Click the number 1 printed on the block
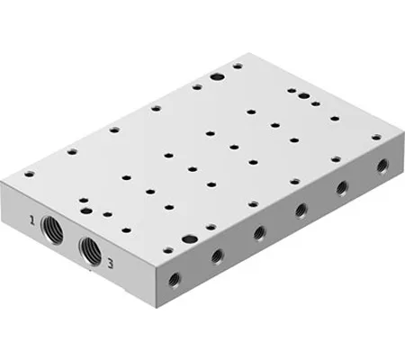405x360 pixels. pyautogui.click(x=31, y=219)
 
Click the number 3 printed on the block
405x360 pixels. pyautogui.click(x=109, y=263)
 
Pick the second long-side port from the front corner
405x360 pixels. pyautogui.click(x=217, y=256)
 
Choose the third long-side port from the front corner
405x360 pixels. pyautogui.click(x=259, y=233)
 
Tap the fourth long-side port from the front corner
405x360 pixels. pyautogui.click(x=301, y=210)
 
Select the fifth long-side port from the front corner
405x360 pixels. pyautogui.click(x=342, y=188)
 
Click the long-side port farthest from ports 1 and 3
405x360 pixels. pyautogui.click(x=381, y=166)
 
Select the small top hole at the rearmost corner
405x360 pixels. pyautogui.click(x=237, y=66)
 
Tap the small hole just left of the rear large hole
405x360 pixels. pyautogui.click(x=196, y=86)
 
